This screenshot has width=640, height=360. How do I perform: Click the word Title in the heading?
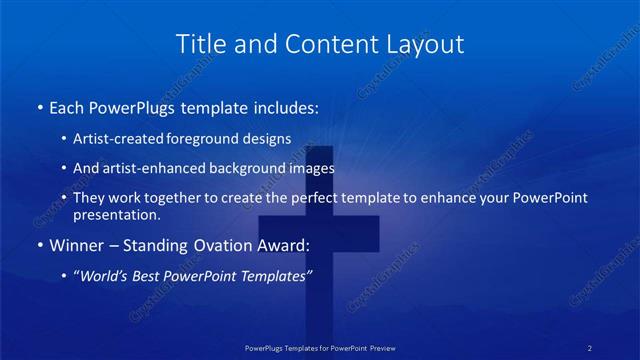pyautogui.click(x=199, y=44)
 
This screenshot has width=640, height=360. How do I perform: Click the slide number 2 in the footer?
pyautogui.click(x=591, y=348)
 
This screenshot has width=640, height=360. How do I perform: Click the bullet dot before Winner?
pyautogui.click(x=38, y=245)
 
